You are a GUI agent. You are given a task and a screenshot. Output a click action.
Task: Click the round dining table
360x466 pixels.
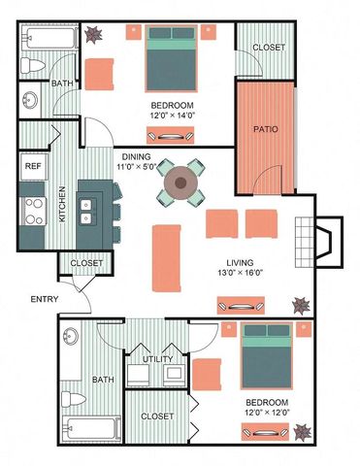point(181,182)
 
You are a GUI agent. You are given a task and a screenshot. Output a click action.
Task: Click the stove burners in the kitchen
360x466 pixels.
point(31,206)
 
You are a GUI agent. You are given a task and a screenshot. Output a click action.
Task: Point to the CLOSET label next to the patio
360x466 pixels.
point(268,48)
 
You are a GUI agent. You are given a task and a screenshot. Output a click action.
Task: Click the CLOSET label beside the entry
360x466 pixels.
point(87,262)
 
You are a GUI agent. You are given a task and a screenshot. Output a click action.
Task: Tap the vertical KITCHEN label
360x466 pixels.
point(61,204)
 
